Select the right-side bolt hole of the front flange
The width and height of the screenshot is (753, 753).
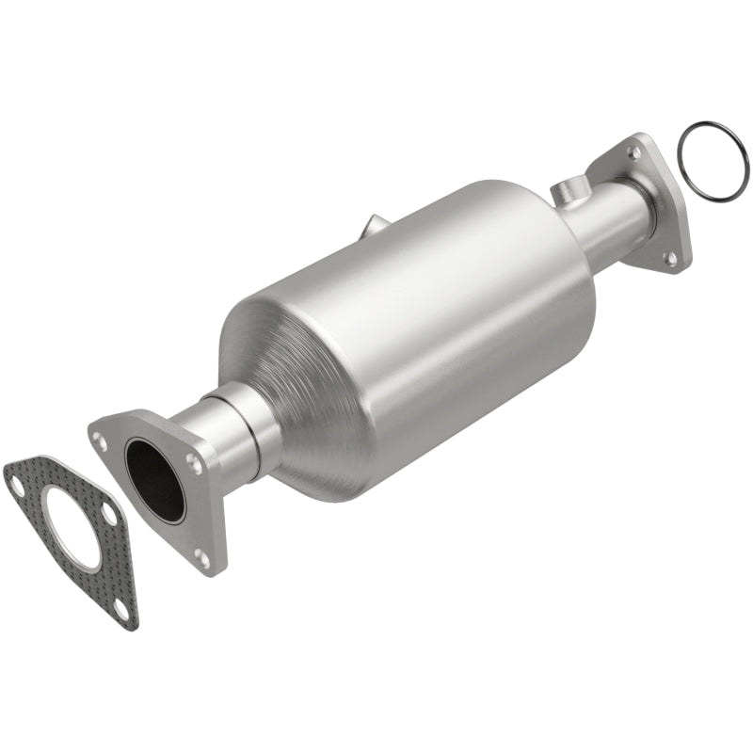click(194, 461)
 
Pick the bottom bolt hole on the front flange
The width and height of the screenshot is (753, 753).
click(200, 558)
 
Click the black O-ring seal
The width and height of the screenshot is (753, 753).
click(713, 162)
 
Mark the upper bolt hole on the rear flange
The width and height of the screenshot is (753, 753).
click(633, 152)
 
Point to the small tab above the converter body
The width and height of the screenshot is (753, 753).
click(374, 225)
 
